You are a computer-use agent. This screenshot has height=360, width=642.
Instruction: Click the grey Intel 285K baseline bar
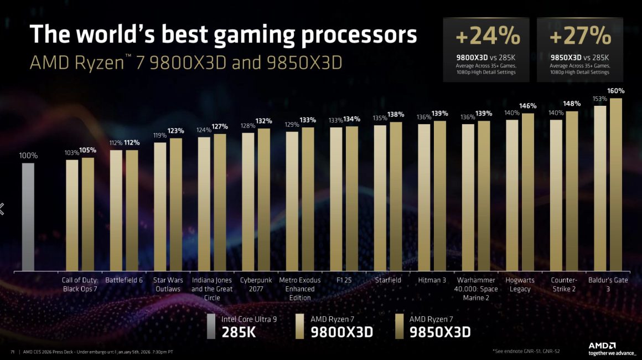tap(28, 216)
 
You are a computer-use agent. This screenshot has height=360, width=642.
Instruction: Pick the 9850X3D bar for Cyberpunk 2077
tap(264, 199)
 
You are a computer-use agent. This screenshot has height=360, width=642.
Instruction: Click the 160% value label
tap(616, 91)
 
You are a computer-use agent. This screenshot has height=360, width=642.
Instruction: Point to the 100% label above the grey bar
tap(28, 156)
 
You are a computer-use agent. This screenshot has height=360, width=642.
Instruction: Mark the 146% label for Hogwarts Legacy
tap(528, 106)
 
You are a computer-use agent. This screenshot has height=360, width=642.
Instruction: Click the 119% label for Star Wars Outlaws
tap(160, 135)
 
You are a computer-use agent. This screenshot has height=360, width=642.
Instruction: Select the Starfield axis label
tap(388, 280)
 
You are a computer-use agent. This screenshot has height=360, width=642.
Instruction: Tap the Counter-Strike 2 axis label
tap(564, 284)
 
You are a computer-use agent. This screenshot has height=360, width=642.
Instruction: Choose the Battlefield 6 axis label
tap(124, 280)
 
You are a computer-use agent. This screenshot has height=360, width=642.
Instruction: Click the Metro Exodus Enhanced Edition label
tap(299, 289)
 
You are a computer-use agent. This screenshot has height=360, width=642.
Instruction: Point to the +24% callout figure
tap(487, 37)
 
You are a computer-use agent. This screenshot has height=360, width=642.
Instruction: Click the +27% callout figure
tap(581, 37)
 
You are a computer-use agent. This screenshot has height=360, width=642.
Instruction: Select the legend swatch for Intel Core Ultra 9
tap(210, 326)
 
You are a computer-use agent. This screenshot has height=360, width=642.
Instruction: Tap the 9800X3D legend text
tap(341, 332)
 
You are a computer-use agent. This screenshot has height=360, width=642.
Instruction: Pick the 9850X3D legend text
tap(440, 332)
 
